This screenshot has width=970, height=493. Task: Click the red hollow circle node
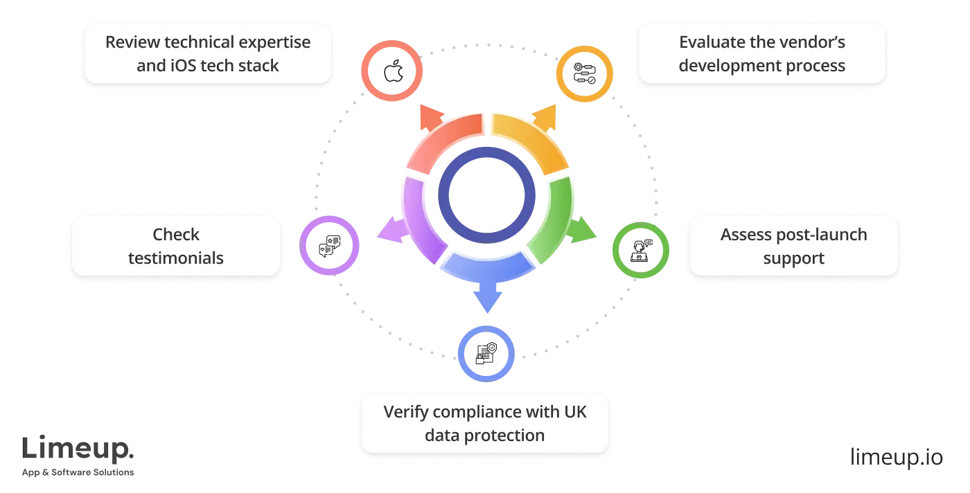(392, 71)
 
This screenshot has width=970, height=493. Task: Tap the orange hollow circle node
(585, 74)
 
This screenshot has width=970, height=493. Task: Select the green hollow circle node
(640, 250)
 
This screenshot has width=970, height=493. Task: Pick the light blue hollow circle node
(486, 353)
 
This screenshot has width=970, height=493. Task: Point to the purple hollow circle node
(330, 245)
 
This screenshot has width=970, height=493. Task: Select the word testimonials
(176, 258)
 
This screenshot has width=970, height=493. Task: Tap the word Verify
(405, 411)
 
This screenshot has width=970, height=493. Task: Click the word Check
(176, 235)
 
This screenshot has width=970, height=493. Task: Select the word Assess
(743, 235)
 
